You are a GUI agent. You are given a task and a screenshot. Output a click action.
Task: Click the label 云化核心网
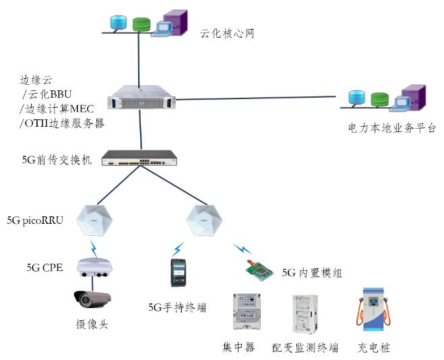(227, 33)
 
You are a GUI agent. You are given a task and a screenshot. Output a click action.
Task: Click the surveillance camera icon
(92, 299)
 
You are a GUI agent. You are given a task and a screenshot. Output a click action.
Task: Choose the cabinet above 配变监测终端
(305, 313)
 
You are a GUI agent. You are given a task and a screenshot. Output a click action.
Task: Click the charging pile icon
(373, 311)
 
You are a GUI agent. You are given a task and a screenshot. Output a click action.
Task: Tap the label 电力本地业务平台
(391, 127)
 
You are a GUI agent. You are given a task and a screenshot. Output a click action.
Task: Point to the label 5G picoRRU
(35, 220)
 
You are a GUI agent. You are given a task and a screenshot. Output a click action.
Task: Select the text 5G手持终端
(177, 307)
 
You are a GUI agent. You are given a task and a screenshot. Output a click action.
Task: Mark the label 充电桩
(374, 348)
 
